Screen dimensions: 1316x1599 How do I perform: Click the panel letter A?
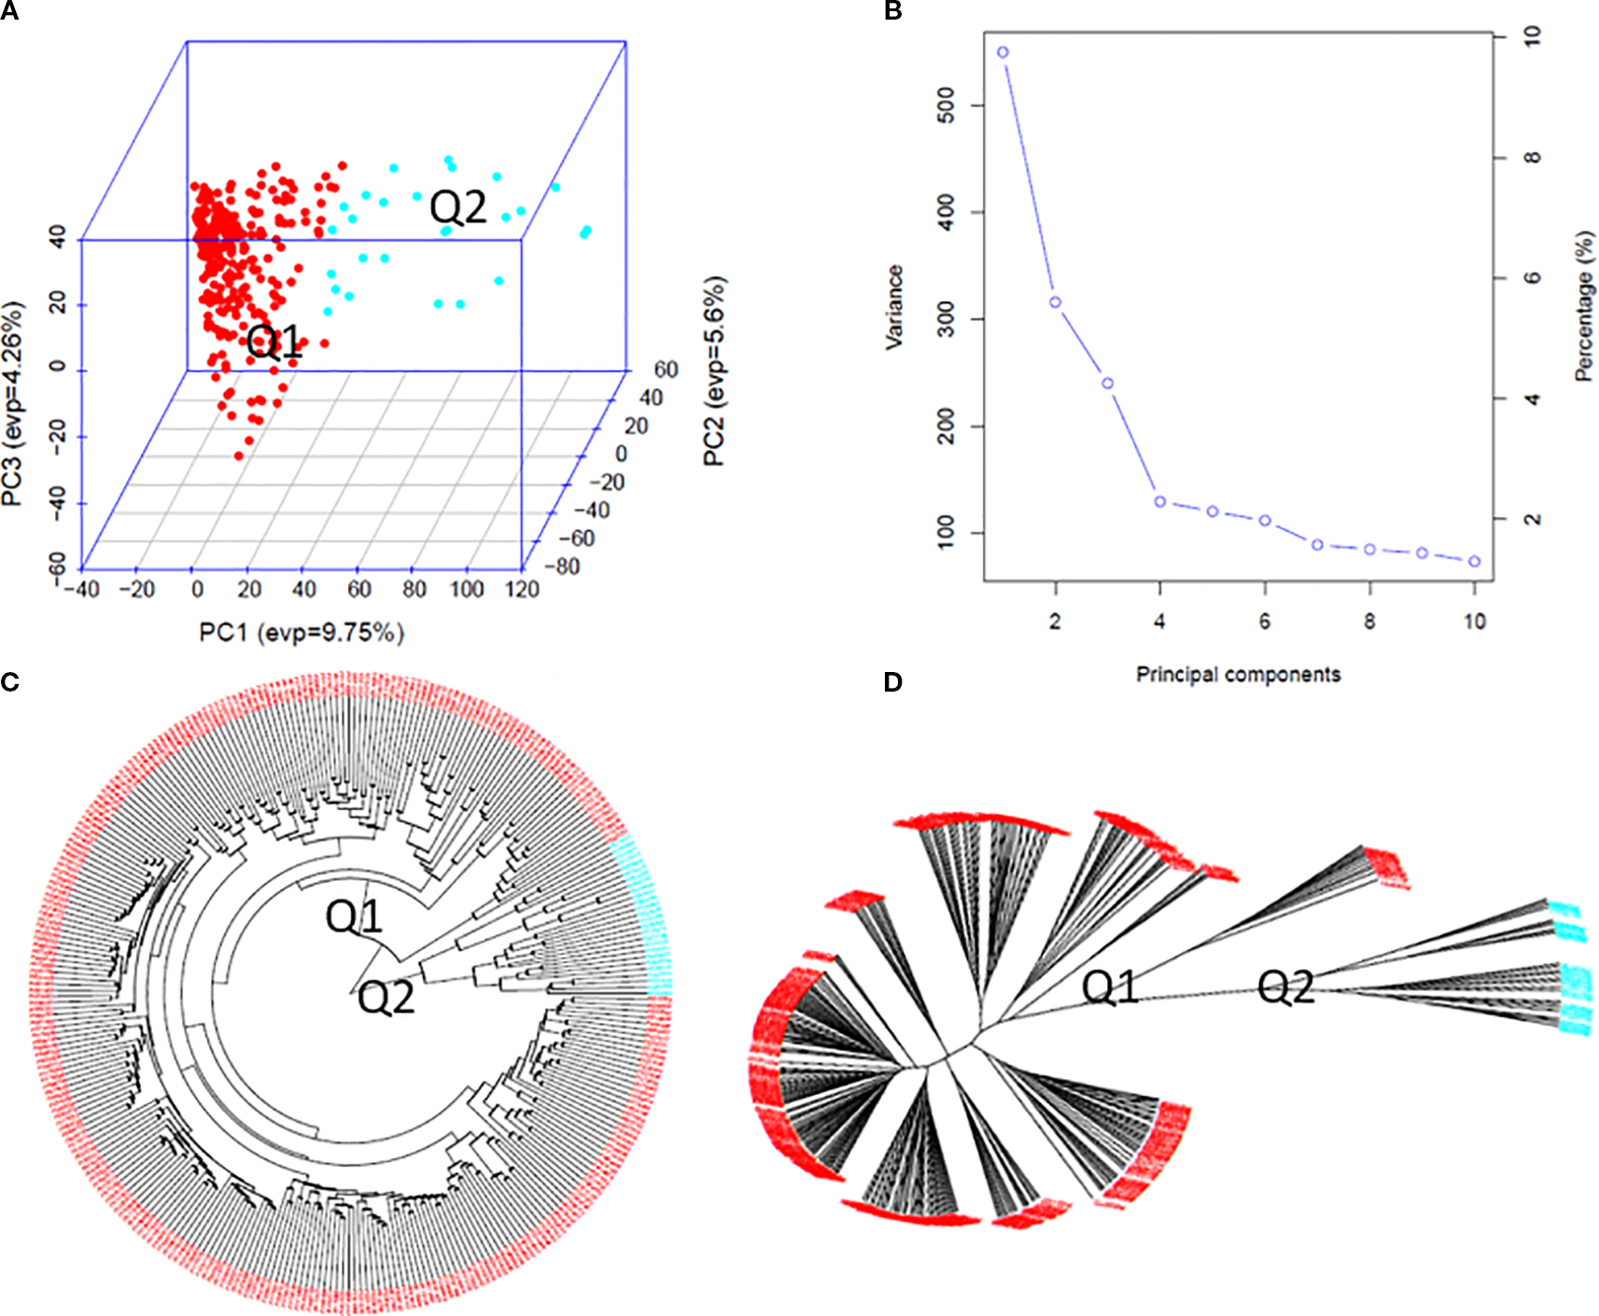pyautogui.click(x=9, y=11)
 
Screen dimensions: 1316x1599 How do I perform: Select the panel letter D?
pyautogui.click(x=892, y=682)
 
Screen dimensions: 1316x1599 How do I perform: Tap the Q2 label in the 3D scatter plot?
pyautogui.click(x=458, y=207)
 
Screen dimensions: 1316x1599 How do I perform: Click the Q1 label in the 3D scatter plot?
pyautogui.click(x=275, y=343)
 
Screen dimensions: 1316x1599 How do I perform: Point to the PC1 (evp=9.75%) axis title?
pyautogui.click(x=302, y=633)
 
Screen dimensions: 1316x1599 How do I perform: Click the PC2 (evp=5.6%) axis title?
pyautogui.click(x=714, y=371)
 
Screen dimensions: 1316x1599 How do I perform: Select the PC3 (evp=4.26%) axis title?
pyautogui.click(x=12, y=403)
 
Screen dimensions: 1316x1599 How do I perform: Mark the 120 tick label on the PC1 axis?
pyautogui.click(x=522, y=590)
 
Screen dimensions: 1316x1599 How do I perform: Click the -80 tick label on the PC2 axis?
pyautogui.click(x=563, y=567)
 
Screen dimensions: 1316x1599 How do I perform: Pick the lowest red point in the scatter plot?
pyautogui.click(x=239, y=455)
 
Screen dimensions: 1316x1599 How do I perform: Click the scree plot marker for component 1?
pyautogui.click(x=1003, y=52)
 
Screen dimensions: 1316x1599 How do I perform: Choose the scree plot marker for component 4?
pyautogui.click(x=1160, y=501)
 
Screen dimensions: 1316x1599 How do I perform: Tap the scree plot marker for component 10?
pyautogui.click(x=1475, y=561)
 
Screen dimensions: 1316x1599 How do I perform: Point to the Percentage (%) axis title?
pyautogui.click(x=1584, y=306)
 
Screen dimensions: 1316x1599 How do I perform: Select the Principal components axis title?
pyautogui.click(x=1238, y=674)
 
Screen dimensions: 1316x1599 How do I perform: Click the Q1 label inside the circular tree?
pyautogui.click(x=354, y=917)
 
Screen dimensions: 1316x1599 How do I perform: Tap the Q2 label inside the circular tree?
pyautogui.click(x=386, y=998)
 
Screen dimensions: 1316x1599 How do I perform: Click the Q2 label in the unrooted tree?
pyautogui.click(x=1285, y=987)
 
